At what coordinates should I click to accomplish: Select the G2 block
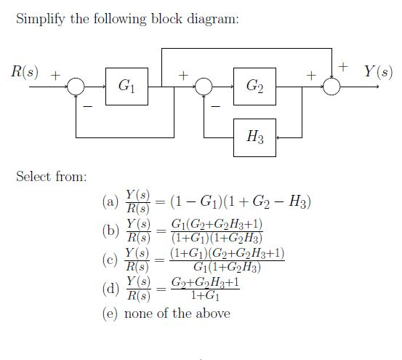coord(254,87)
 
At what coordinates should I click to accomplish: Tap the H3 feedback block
coord(254,137)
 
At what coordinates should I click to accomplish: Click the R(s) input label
coord(24,71)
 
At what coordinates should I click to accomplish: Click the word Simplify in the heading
coord(39,19)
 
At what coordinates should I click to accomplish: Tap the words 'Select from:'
coord(51,176)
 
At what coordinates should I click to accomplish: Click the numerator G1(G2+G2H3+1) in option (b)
coord(216,223)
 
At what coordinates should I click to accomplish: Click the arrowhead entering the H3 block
coord(280,137)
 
